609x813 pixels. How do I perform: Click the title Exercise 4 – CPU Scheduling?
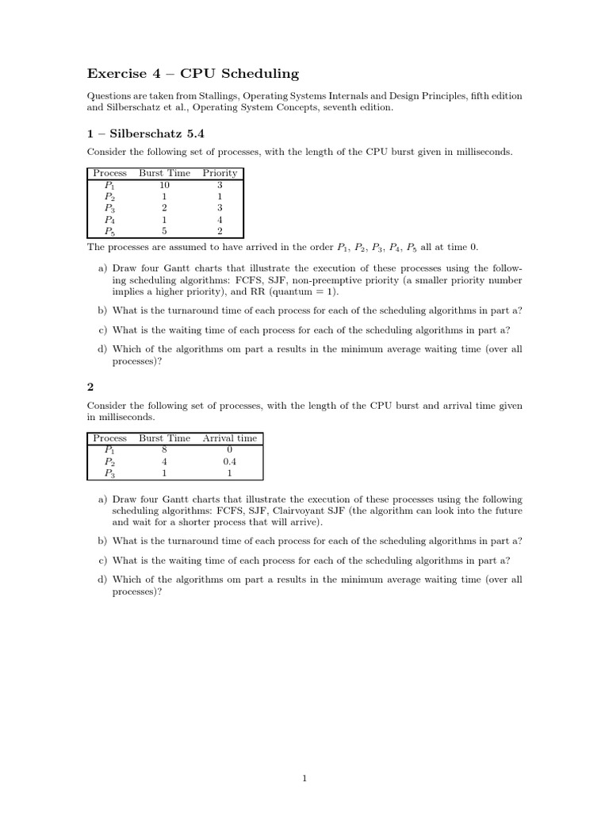193,74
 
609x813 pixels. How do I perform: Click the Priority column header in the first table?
220,173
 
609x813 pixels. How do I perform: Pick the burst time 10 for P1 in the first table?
164,184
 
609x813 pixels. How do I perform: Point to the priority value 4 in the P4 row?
220,220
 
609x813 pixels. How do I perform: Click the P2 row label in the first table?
109,196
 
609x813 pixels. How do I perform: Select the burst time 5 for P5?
164,232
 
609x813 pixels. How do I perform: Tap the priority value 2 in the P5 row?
220,232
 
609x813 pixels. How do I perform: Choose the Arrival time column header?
230,438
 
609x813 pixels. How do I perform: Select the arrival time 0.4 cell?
230,461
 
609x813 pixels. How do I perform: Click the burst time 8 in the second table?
164,449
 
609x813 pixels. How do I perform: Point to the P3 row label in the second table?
109,473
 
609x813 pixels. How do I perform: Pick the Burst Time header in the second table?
164,438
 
